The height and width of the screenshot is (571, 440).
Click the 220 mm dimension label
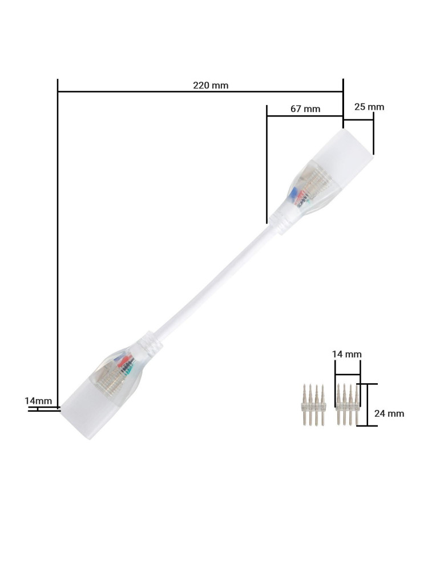pos(211,85)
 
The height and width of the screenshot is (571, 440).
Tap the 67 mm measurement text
pos(305,108)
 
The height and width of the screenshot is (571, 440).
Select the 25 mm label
pos(369,107)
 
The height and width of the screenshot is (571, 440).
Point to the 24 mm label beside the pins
pos(389,413)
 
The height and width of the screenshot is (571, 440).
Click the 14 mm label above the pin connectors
pos(347,354)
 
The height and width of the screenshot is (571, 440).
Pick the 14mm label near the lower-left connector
pos(38,401)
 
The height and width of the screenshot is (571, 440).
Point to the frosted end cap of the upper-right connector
pos(348,151)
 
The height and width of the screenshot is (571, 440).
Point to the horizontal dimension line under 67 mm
pos(305,116)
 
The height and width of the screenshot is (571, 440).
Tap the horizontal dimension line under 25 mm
pos(358,119)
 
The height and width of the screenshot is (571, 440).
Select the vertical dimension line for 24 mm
pos(368,405)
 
